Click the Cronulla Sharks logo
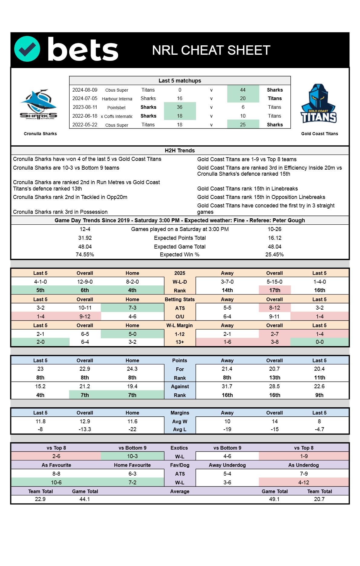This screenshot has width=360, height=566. click(x=39, y=105)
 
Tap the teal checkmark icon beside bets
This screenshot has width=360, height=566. click(x=27, y=49)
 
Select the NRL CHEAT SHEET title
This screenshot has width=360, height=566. click(x=211, y=50)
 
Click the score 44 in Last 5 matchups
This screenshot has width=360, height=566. click(x=243, y=90)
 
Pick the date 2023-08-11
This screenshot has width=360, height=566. click(x=85, y=107)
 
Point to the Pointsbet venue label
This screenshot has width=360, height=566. click(x=116, y=108)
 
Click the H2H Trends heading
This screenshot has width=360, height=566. click(x=180, y=151)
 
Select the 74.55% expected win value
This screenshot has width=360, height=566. click(x=85, y=255)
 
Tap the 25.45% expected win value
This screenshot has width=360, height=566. click(x=274, y=255)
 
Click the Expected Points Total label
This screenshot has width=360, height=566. click(x=180, y=238)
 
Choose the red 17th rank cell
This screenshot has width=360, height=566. click(x=274, y=290)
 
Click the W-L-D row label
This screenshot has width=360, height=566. click(x=180, y=282)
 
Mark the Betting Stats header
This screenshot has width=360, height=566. click(x=180, y=299)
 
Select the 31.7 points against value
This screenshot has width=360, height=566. click(x=227, y=386)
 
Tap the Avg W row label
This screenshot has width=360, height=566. click(x=180, y=421)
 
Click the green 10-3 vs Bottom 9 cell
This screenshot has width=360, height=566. click(x=132, y=456)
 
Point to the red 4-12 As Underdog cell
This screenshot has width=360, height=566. click(x=304, y=483)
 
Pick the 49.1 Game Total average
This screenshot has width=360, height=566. click(x=274, y=499)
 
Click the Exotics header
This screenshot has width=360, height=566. click(x=179, y=448)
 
